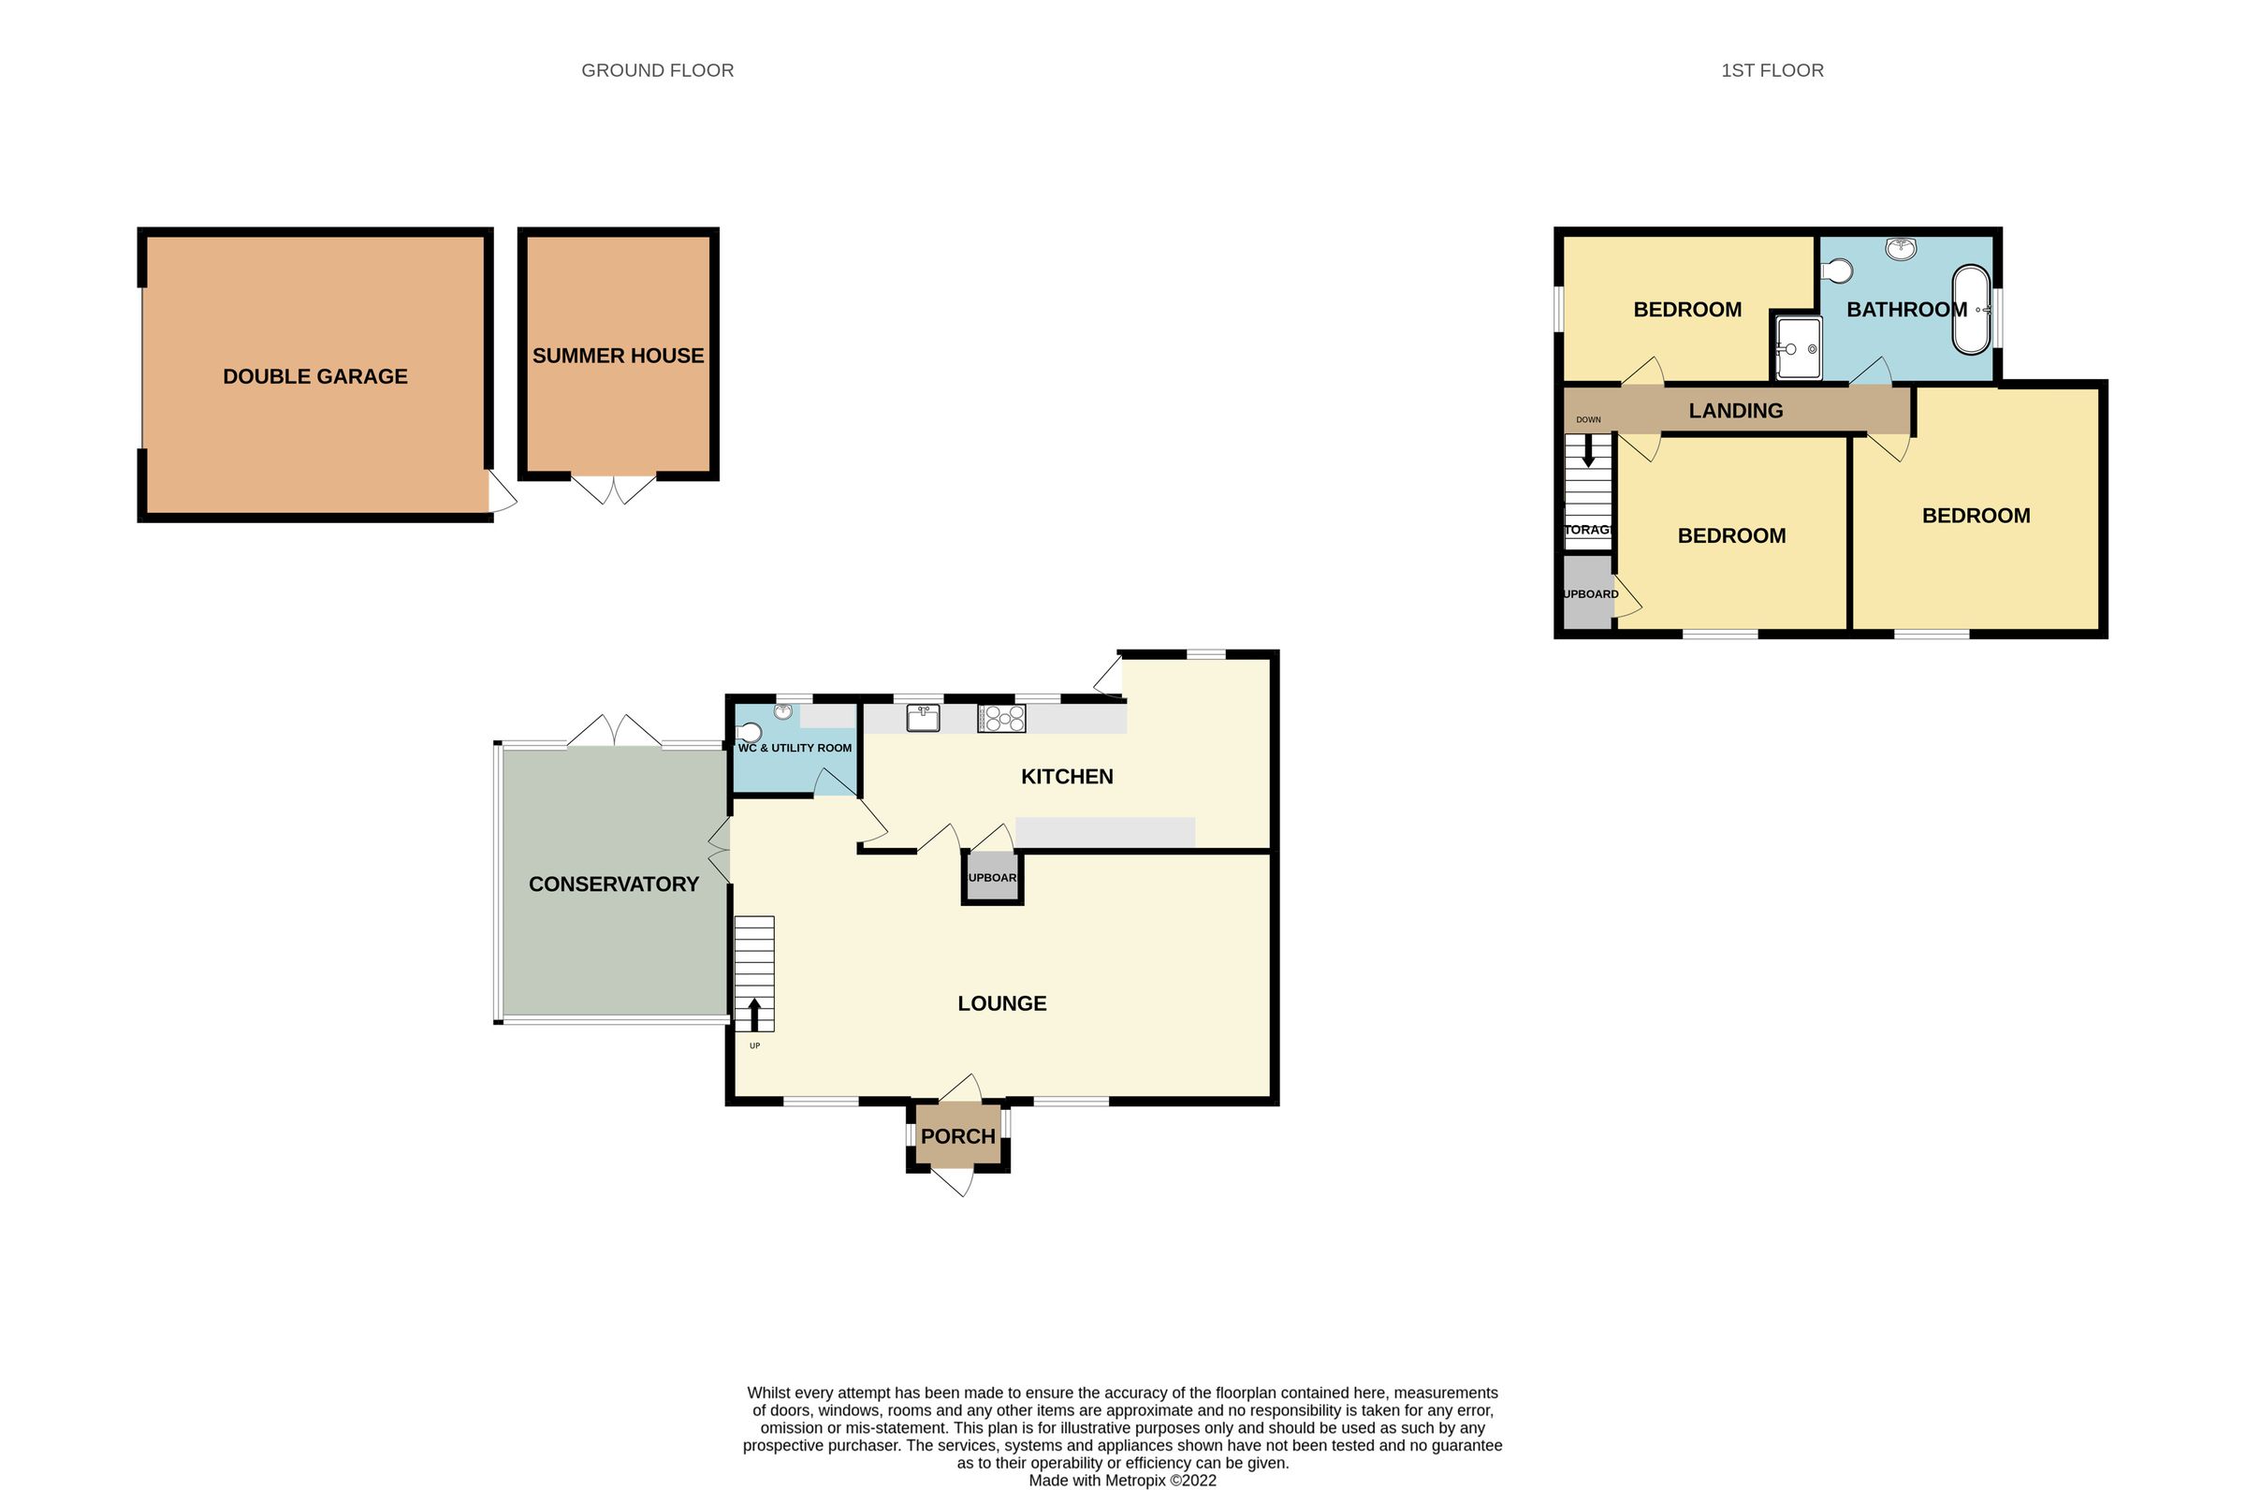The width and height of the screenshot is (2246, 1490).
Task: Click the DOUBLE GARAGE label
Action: coord(314,376)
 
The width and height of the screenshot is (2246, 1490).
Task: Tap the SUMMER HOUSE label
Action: coord(618,356)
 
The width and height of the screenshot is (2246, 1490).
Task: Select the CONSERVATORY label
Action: coord(614,884)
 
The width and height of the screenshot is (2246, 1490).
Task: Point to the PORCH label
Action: coord(957,1136)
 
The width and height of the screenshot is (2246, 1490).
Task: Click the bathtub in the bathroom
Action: coord(1971,311)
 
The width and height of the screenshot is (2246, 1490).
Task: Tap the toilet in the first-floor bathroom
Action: coord(1837,270)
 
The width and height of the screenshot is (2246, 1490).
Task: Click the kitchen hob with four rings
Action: coord(1001,719)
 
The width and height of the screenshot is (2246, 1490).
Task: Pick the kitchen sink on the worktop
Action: coord(923,718)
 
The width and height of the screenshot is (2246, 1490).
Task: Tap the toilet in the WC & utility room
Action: coord(750,733)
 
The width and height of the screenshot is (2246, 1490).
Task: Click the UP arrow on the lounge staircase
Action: coord(754,1014)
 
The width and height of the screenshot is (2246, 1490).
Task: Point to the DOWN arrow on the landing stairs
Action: coord(1588,452)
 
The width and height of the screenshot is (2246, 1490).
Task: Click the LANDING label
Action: coord(1735,411)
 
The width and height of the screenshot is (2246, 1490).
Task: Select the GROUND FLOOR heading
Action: coord(658,70)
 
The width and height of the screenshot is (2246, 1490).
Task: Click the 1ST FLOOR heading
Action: coord(1772,70)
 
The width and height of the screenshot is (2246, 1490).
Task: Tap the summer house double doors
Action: coord(614,489)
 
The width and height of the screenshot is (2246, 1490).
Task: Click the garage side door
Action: coord(502,493)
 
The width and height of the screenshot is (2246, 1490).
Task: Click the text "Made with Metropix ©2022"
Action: coord(1122,1481)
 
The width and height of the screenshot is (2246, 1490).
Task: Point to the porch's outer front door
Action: coord(954,1182)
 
